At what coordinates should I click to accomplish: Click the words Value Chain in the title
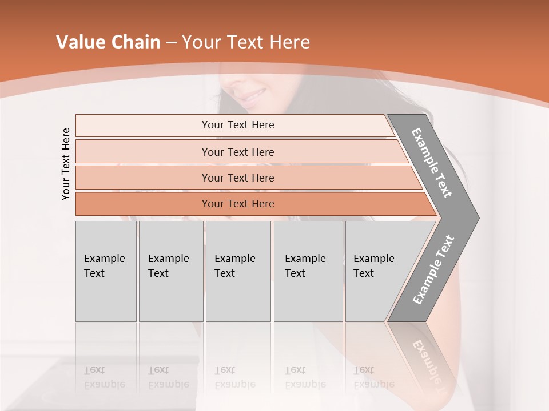(x=108, y=42)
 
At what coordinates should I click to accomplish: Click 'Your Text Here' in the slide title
(x=246, y=42)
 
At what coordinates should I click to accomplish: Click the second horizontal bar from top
(x=237, y=152)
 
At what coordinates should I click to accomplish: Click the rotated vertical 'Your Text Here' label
(x=66, y=164)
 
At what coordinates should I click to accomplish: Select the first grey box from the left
(x=106, y=271)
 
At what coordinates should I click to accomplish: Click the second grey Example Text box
(x=170, y=271)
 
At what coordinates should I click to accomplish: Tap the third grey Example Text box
(x=238, y=271)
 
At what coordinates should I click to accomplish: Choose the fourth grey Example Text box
(x=308, y=271)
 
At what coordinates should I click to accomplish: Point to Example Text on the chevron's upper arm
(x=432, y=163)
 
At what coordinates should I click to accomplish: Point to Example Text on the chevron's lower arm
(x=433, y=269)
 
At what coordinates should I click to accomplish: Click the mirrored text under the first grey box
(x=104, y=377)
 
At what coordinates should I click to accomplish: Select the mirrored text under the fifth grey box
(x=373, y=377)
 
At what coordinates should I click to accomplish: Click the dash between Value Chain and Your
(x=171, y=43)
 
